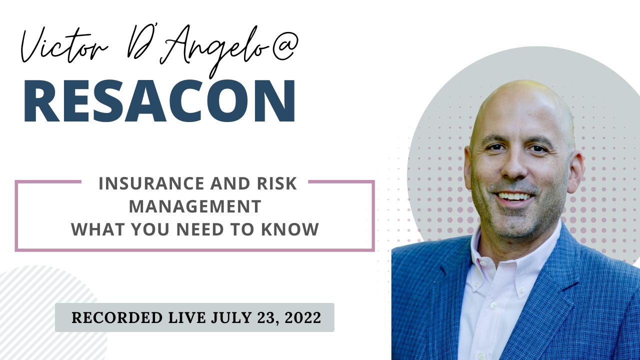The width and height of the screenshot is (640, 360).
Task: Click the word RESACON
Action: tap(159, 101)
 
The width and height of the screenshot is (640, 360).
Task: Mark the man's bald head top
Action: tap(520, 95)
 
